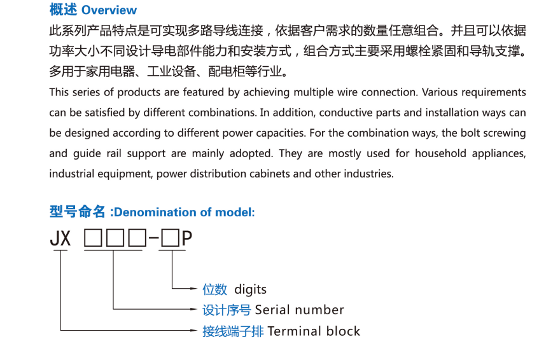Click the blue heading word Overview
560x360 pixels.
tap(109, 10)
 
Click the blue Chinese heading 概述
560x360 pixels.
tap(64, 10)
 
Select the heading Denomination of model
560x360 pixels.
tap(183, 212)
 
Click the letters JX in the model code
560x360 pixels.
tap(60, 239)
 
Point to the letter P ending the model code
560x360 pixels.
tap(186, 239)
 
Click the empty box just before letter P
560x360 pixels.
tap(170, 240)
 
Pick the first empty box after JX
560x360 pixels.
tap(93, 240)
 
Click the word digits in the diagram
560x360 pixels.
tap(250, 289)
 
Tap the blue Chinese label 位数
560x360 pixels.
tap(214, 289)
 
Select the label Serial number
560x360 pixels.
tap(299, 310)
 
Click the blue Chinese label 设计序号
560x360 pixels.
tap(227, 310)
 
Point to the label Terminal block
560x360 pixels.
tap(314, 331)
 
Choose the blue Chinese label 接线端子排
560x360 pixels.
tap(233, 331)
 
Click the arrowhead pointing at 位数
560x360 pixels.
tap(195, 289)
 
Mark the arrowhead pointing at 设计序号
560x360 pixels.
tap(195, 310)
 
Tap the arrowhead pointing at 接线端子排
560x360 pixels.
tap(195, 331)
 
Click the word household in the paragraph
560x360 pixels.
tap(444, 153)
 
